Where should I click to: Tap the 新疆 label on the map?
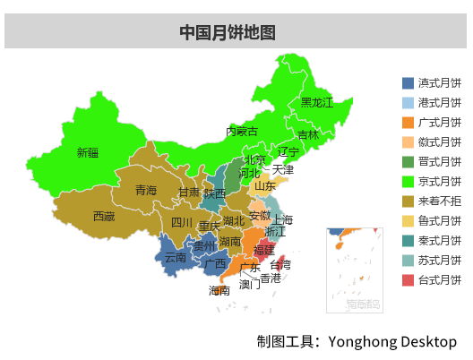point(88,152)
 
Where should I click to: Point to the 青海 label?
point(146,190)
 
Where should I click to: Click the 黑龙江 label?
point(316,103)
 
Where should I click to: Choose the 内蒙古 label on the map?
point(242,132)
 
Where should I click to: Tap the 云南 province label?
point(176,258)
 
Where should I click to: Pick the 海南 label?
point(219,290)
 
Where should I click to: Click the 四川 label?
point(182,222)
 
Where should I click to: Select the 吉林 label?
point(308,134)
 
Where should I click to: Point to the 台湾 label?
point(280,264)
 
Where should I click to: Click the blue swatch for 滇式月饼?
point(408,82)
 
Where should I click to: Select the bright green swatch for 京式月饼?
point(408,181)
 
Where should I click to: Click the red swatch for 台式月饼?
point(408,279)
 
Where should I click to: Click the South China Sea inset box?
point(353,269)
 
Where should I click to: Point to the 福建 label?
point(264,249)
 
